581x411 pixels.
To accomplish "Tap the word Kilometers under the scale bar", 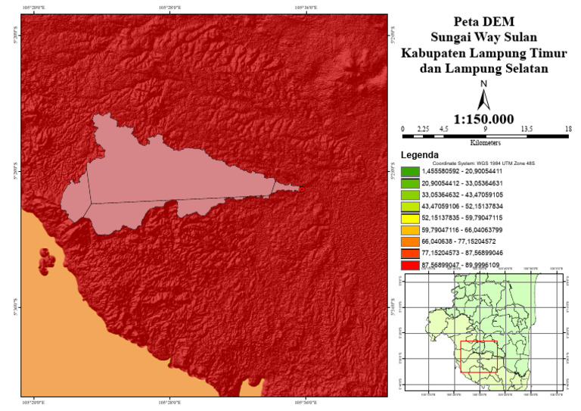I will tap(485, 142).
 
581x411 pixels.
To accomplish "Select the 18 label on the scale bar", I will tap(567, 129).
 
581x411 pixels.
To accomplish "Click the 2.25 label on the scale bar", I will tap(424, 129).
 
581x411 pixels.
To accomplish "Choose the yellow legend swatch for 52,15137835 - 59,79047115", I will tap(411, 216).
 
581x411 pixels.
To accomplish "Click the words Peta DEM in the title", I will tap(484, 21).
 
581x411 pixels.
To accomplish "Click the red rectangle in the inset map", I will tap(478, 357).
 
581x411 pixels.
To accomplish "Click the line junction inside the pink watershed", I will tap(92, 203).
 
